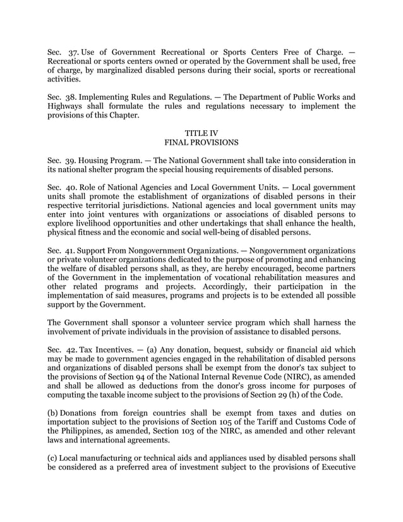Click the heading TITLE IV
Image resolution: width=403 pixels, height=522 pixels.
coord(201,133)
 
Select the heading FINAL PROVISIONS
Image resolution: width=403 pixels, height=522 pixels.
coord(201,143)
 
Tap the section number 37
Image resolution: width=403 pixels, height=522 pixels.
coord(70,51)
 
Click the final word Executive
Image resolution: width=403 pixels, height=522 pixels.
coord(335,471)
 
